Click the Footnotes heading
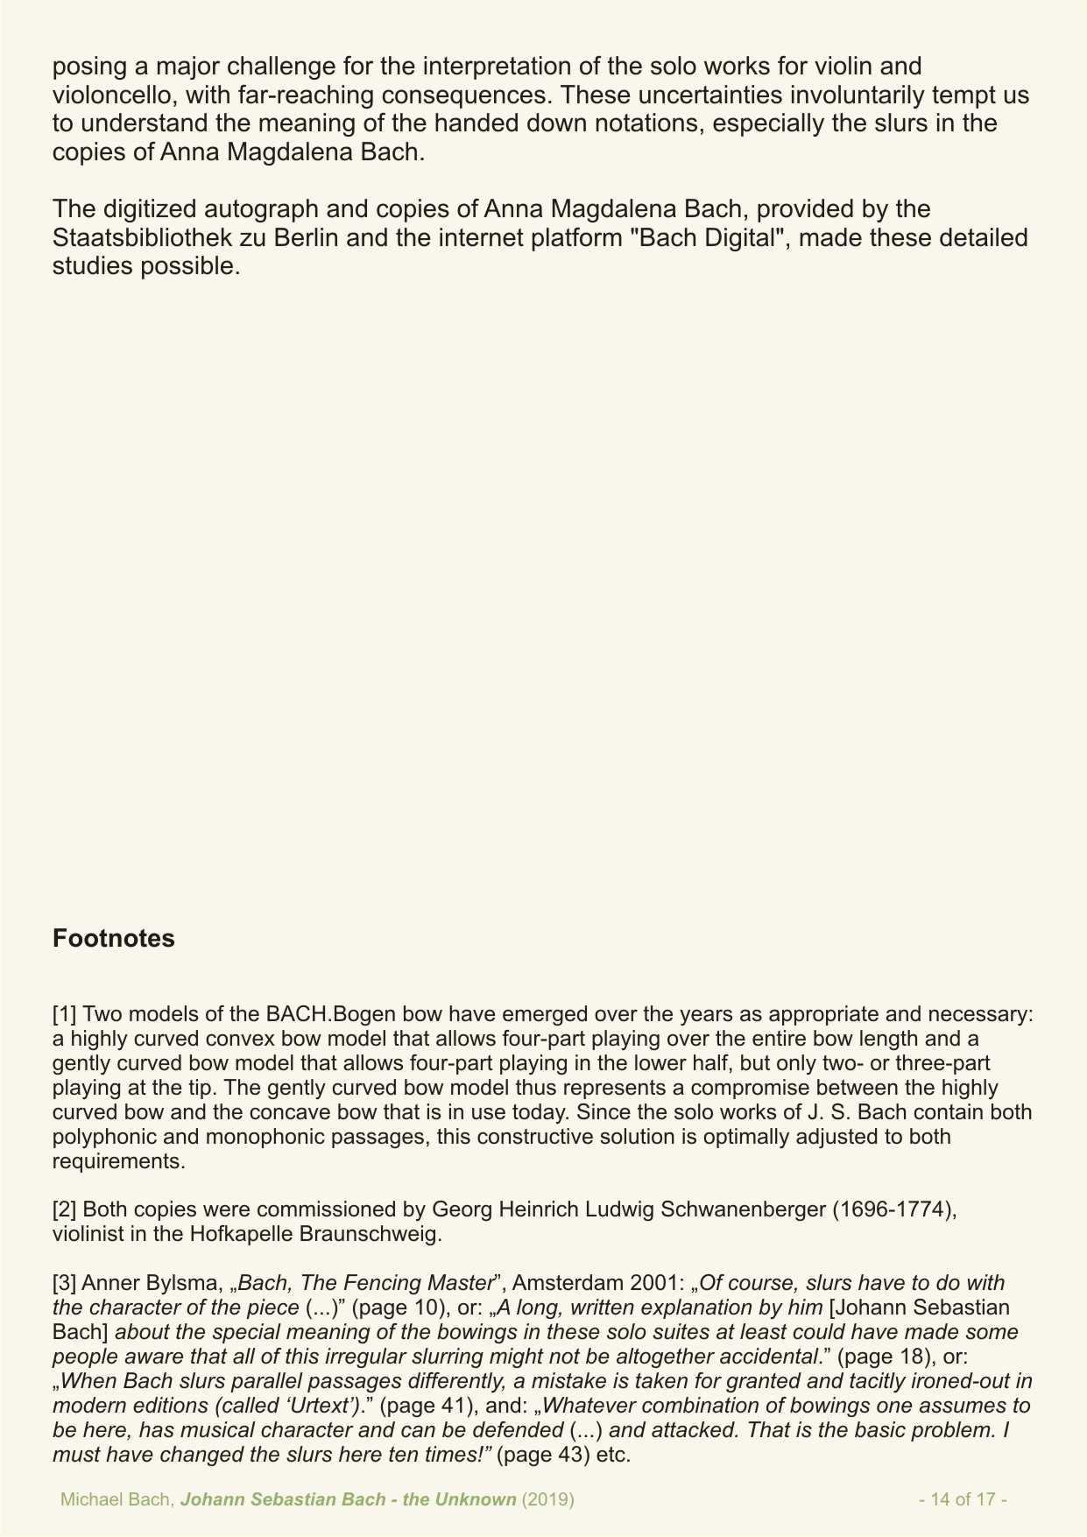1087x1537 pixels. pyautogui.click(x=114, y=939)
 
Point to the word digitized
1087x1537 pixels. pyautogui.click(x=152, y=210)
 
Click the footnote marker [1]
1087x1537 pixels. pyautogui.click(x=65, y=1015)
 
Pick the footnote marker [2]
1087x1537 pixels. pyautogui.click(x=65, y=1209)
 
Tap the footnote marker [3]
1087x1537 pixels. pyautogui.click(x=65, y=1283)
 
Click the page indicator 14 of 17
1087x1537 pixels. pyautogui.click(x=963, y=1499)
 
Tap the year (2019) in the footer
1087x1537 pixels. pyautogui.click(x=548, y=1499)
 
